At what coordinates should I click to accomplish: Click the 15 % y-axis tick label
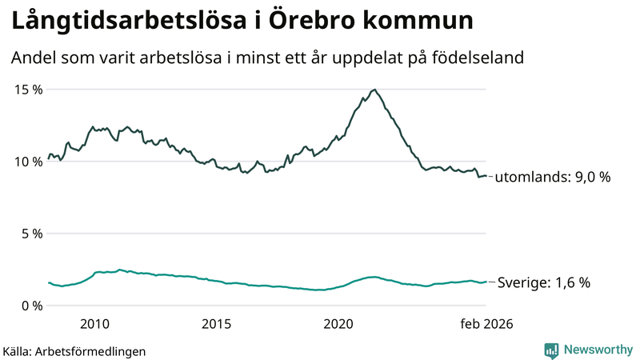(27, 89)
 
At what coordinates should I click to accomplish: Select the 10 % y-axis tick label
(27, 161)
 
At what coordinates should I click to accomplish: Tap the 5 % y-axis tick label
(31, 234)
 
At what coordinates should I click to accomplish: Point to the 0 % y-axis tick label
(31, 306)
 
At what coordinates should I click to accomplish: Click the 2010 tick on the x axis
(95, 324)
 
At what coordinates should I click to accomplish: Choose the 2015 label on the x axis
(217, 324)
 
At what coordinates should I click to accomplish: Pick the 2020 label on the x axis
(338, 324)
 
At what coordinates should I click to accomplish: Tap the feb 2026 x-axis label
(485, 324)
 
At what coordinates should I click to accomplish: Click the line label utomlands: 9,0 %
(554, 177)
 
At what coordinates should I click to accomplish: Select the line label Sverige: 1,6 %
(544, 282)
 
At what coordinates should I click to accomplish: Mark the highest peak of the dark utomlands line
(374, 90)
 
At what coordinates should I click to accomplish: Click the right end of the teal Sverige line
(486, 282)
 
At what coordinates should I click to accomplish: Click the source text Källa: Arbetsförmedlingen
(74, 350)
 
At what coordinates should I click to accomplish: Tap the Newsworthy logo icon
(551, 350)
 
